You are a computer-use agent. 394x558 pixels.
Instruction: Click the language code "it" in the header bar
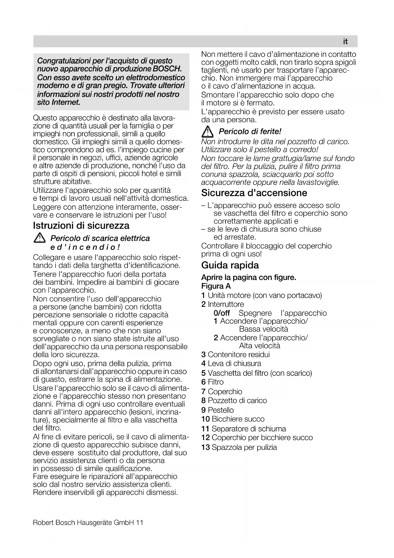[x=345, y=42]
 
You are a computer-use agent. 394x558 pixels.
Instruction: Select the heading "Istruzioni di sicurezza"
[x=81, y=226]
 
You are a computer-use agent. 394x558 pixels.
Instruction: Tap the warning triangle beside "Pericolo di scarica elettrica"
[x=40, y=238]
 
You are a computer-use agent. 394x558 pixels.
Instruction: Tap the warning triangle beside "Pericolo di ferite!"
[x=208, y=131]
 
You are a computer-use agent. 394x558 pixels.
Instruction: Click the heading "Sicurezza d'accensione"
[x=254, y=193]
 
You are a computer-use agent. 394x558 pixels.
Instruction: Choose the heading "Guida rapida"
[x=230, y=265]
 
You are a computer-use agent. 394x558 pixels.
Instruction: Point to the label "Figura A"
[x=216, y=286]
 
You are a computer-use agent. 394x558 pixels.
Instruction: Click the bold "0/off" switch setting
[x=222, y=313]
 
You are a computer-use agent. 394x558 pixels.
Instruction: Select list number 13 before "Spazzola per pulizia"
[x=205, y=447]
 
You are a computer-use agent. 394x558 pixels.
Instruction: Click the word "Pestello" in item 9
[x=221, y=410]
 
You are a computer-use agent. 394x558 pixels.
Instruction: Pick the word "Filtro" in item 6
[x=216, y=382]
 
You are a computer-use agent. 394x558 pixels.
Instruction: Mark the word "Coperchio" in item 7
[x=225, y=392]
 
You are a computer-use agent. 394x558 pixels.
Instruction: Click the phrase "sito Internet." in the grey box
[x=59, y=102]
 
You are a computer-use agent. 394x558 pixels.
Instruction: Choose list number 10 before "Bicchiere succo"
[x=205, y=419]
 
